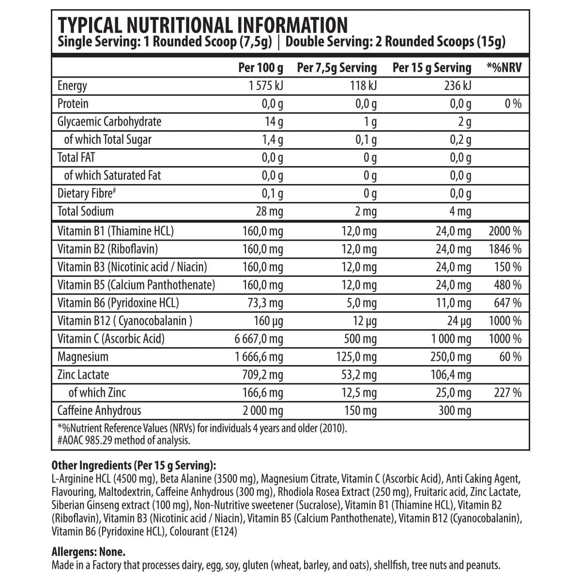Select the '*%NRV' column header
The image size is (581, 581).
(x=504, y=68)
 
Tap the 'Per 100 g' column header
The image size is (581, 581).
(x=260, y=68)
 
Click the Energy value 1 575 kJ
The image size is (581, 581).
(x=265, y=86)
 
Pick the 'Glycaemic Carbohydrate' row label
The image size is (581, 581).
(x=109, y=122)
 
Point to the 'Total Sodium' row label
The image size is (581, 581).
(x=85, y=211)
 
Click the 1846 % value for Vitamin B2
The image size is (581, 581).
(x=505, y=249)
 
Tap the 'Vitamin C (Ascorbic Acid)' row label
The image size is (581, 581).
(x=111, y=339)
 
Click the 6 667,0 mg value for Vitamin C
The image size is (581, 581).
(x=259, y=339)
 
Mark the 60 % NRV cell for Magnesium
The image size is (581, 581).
(x=510, y=357)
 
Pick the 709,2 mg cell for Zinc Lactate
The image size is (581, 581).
(x=262, y=375)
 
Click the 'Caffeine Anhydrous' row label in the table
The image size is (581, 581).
(x=99, y=411)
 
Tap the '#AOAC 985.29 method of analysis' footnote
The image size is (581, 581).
(x=123, y=440)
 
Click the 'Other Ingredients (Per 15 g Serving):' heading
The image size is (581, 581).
(x=134, y=466)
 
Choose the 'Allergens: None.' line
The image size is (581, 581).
(x=88, y=552)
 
